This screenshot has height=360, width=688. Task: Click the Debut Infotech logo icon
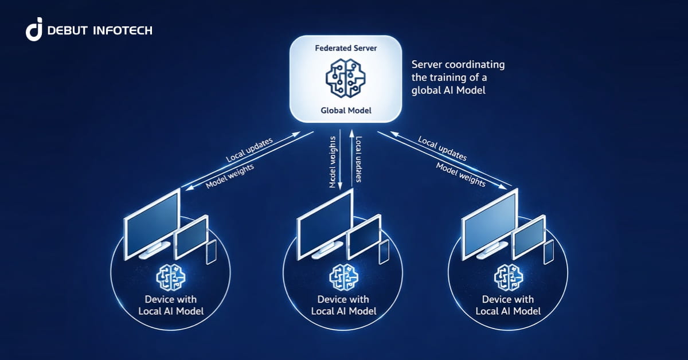[34, 30]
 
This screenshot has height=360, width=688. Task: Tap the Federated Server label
[347, 49]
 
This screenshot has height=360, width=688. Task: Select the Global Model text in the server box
[346, 110]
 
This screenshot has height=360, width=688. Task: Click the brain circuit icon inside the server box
[346, 79]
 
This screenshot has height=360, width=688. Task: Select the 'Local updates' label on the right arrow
[442, 148]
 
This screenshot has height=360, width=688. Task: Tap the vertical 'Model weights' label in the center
[333, 162]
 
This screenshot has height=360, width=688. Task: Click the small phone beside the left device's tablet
[210, 252]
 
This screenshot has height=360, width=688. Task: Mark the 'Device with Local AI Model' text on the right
[508, 306]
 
